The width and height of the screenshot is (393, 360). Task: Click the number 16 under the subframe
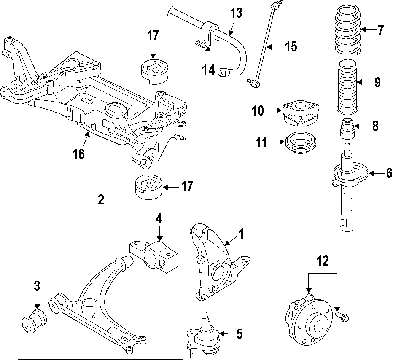78,154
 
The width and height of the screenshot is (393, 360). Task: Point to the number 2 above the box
101,199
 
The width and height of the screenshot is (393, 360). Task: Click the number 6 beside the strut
388,172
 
